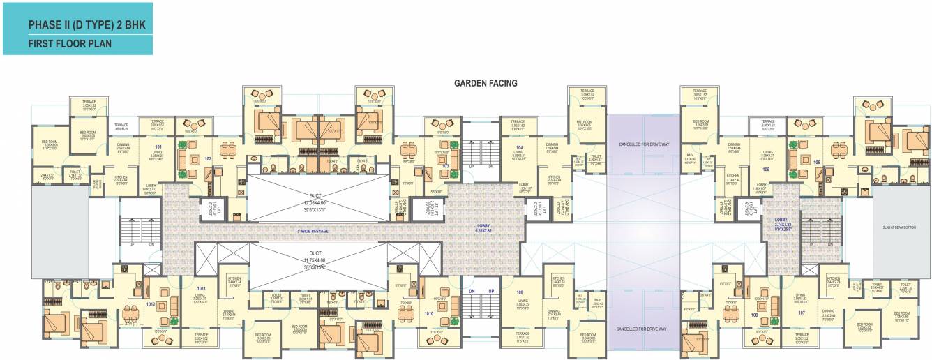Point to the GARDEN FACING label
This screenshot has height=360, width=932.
[486, 83]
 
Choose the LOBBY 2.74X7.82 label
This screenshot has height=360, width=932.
[783, 224]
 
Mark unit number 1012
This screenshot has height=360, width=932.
[151, 304]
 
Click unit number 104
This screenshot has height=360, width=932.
[519, 148]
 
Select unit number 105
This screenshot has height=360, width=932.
[765, 169]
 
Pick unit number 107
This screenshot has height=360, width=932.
[801, 313]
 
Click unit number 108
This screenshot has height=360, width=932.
[754, 315]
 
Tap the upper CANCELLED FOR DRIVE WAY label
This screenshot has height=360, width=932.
[643, 144]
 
